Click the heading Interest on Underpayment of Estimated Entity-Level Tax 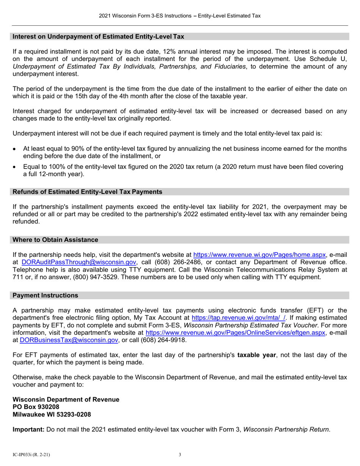(99, 37)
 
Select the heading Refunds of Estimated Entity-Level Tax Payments (88, 192)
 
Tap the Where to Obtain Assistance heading (55, 240)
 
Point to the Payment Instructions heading (45, 295)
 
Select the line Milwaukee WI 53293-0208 (52, 414)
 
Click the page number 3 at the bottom (180, 455)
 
